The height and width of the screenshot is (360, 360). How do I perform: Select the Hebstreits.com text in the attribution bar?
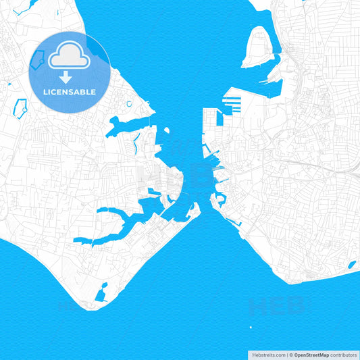click(267, 355)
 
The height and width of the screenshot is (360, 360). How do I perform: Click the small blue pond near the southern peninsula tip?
click(101, 295)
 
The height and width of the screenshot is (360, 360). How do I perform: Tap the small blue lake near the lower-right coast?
click(351, 264)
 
